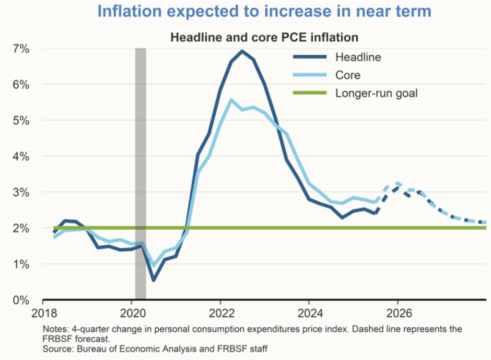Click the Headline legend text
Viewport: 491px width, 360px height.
358,57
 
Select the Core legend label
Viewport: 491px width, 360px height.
348,75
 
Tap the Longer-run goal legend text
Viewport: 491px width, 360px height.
376,93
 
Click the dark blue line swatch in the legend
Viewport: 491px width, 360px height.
310,57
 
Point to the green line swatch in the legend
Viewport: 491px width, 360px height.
310,93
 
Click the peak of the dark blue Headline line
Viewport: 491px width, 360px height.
242,51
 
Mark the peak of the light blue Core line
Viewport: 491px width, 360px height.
231,100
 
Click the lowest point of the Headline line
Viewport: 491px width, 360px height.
153,280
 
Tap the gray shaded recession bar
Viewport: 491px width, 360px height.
140,173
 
